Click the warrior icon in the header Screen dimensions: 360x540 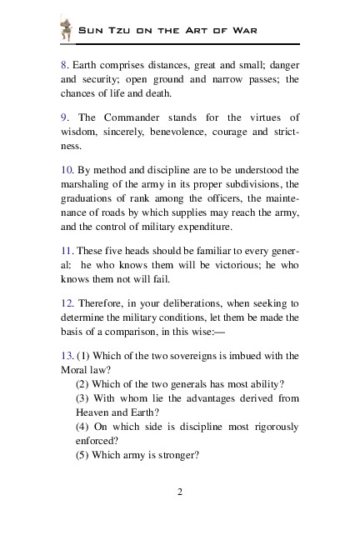pos(67,30)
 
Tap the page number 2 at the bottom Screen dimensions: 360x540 pos(180,491)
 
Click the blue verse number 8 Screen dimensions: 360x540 pos(63,65)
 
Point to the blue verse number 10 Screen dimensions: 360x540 pos(67,170)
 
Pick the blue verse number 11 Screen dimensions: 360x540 pos(67,251)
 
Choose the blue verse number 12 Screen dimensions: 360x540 pos(67,303)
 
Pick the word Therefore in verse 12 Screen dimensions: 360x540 pos(102,303)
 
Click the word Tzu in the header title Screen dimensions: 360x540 pos(113,31)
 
